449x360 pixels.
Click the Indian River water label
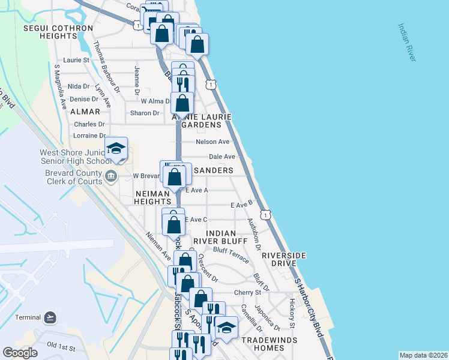click(x=407, y=42)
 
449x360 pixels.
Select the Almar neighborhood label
click(x=83, y=112)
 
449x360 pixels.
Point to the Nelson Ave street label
click(x=213, y=142)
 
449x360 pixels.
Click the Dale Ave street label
click(x=221, y=157)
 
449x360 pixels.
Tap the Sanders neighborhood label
click(x=212, y=170)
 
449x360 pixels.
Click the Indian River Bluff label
click(x=226, y=236)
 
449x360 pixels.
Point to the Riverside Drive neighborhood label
click(x=284, y=259)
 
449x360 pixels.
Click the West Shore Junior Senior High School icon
click(x=116, y=148)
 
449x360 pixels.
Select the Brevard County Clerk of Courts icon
click(x=110, y=176)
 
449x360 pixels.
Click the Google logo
click(x=20, y=353)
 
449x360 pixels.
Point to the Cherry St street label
click(x=249, y=292)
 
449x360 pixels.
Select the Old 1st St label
click(x=61, y=347)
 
